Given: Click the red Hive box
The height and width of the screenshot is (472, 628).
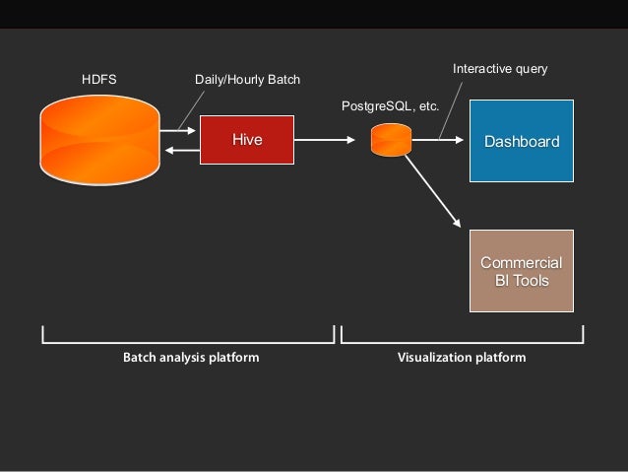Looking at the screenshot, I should (x=247, y=140).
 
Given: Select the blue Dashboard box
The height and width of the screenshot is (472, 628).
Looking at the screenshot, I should (x=521, y=141).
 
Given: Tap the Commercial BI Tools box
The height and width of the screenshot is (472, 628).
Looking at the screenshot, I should (x=521, y=271).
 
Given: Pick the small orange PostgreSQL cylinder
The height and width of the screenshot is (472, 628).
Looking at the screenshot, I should (x=391, y=140).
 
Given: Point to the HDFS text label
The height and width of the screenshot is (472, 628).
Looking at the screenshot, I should (x=98, y=79).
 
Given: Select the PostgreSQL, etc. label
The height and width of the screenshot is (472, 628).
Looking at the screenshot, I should (x=390, y=104).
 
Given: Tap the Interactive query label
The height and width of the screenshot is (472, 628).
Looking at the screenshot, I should (x=499, y=70).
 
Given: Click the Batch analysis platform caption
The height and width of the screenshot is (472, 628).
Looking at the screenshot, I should (x=191, y=357).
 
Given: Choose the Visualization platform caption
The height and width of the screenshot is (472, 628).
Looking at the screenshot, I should (x=462, y=357).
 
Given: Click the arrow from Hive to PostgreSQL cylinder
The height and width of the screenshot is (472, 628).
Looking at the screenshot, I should (x=325, y=140).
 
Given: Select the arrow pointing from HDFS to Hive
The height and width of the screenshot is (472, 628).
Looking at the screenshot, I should (x=179, y=129).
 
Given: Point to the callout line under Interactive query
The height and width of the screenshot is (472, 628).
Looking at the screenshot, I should (x=453, y=108).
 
